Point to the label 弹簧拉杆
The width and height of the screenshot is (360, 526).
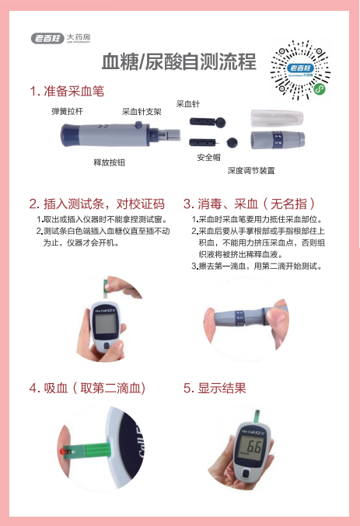point(68,111)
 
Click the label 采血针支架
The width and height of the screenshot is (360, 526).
point(142,111)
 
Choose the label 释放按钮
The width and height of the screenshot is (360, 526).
point(109,162)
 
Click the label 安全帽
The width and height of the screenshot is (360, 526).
point(208,157)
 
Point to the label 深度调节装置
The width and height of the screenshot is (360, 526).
point(250,170)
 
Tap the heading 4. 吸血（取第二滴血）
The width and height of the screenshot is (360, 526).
point(87,388)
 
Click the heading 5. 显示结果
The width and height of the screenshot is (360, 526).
point(215,388)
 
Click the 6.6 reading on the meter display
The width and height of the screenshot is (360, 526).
point(253,448)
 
